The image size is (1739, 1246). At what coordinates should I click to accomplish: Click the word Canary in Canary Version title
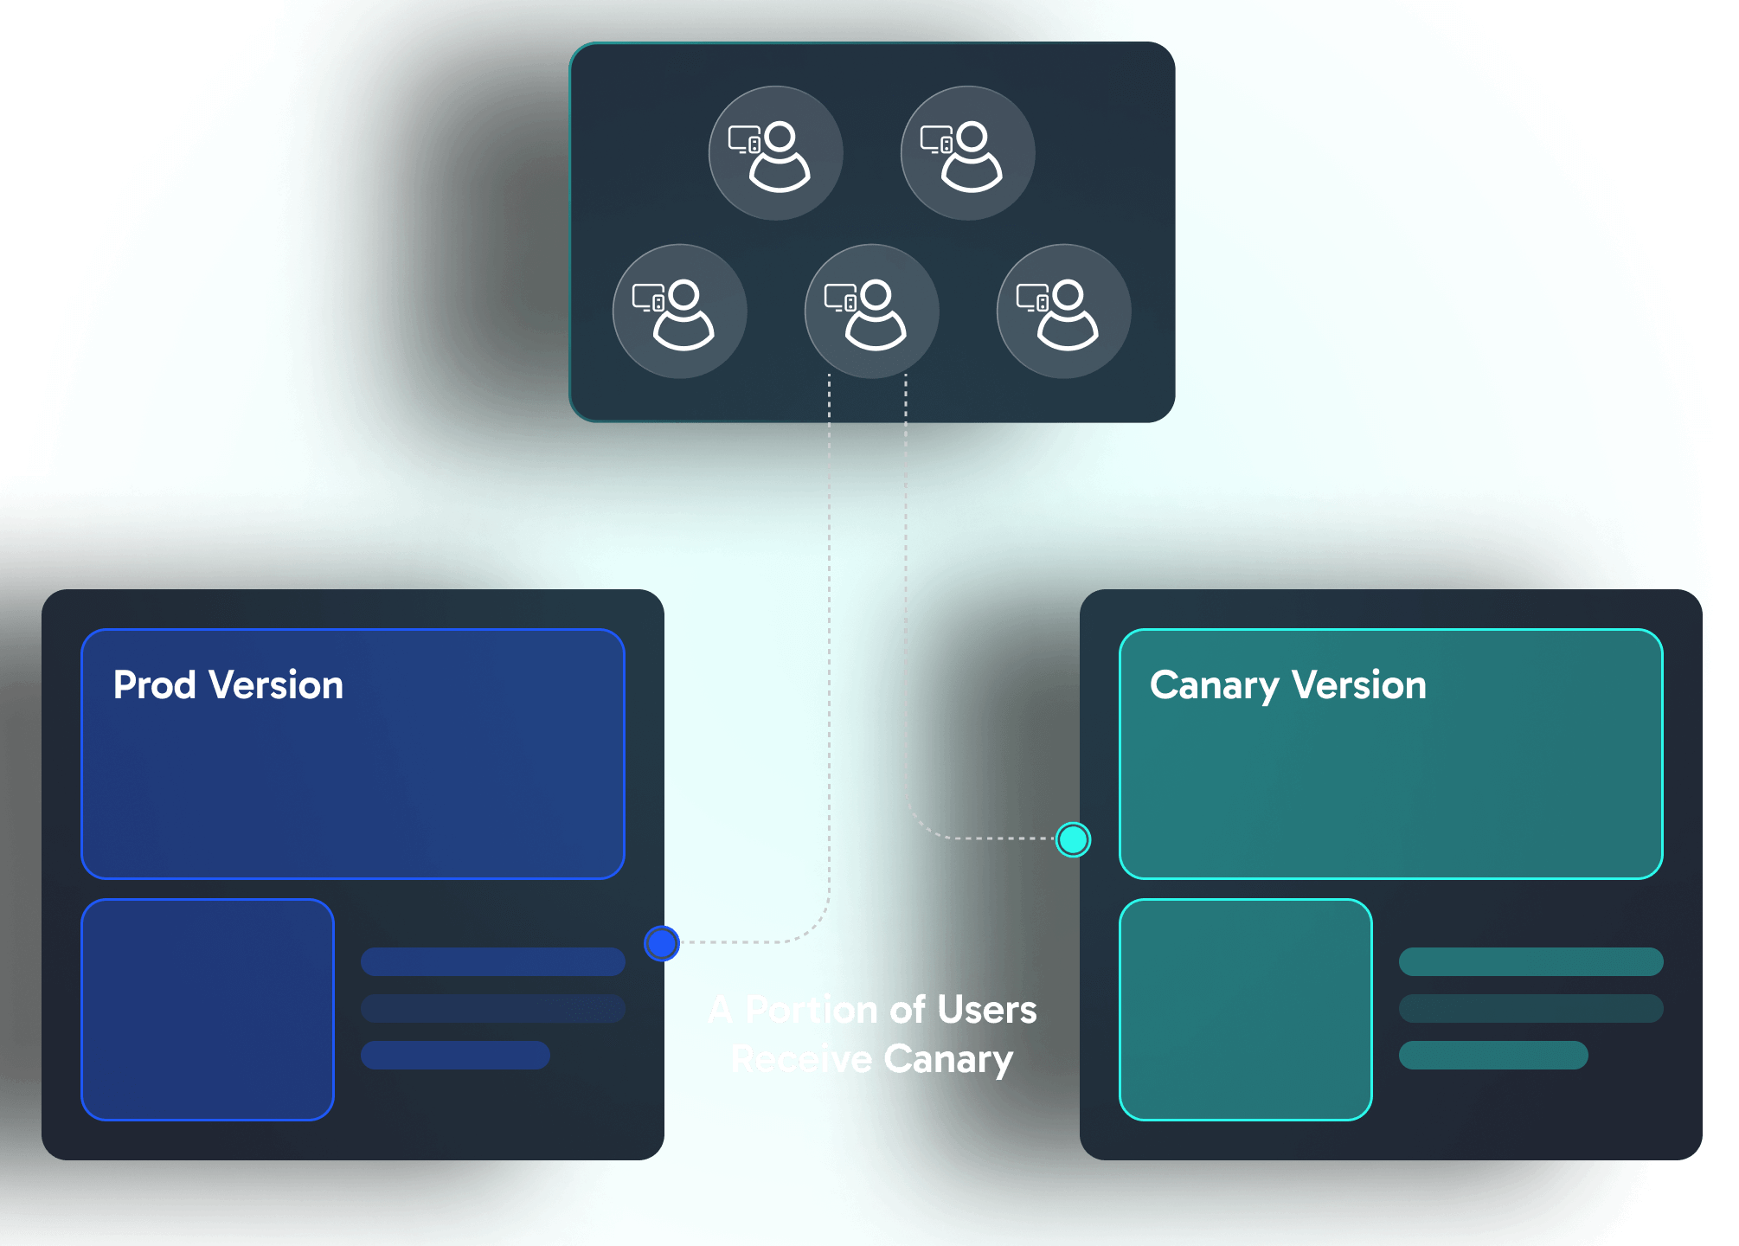coord(1213,686)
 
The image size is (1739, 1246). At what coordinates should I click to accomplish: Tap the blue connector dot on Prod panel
coord(662,943)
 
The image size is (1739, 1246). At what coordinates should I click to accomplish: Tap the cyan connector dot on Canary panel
coord(1073,839)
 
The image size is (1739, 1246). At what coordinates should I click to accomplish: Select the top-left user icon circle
coord(776,153)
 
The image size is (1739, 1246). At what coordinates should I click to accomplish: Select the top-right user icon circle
coord(968,153)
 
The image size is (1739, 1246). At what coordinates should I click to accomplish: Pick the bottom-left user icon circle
coord(680,311)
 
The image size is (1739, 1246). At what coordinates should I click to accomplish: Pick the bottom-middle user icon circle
coord(872,311)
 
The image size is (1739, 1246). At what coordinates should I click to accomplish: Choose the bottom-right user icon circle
coord(1064,311)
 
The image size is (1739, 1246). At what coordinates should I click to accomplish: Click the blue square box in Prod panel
coord(208,1010)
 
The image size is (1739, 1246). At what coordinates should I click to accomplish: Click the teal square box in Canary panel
coord(1246,1010)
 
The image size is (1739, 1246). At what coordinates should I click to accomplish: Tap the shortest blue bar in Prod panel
coord(455,1056)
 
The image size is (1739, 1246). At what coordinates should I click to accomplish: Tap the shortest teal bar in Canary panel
coord(1493,1056)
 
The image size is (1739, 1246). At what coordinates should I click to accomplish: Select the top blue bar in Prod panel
coord(493,961)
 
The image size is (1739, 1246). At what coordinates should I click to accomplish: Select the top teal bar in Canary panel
coord(1531,961)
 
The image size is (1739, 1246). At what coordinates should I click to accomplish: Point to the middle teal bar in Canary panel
coord(1531,1009)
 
